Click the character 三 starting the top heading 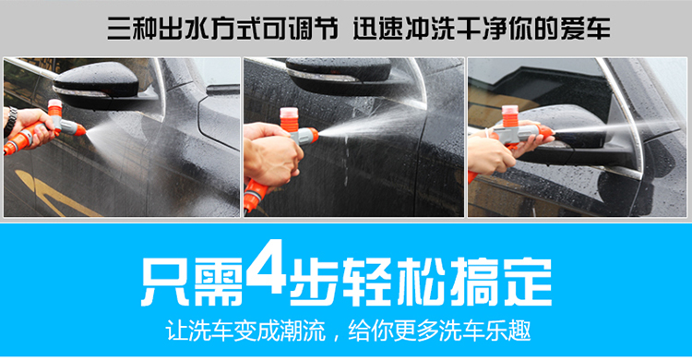tap(118, 29)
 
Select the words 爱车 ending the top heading tap(586, 29)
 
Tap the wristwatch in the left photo tap(10, 120)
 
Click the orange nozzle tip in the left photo tap(79, 129)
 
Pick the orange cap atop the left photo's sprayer tap(54, 108)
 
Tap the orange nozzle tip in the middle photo tap(313, 134)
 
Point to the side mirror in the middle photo tap(340, 75)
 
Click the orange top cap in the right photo tap(509, 115)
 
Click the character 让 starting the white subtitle tap(175, 331)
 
